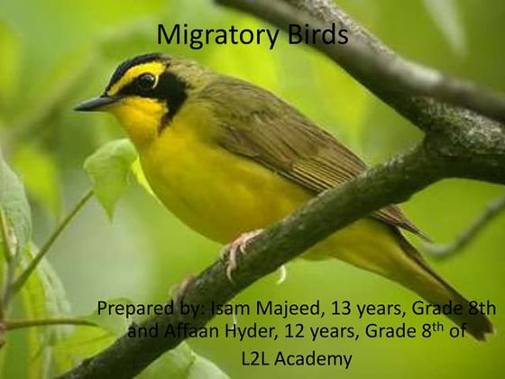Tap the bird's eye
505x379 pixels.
pyautogui.click(x=145, y=82)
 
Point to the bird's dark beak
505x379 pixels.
pyautogui.click(x=93, y=104)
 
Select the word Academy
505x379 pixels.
pyautogui.click(x=317, y=358)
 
